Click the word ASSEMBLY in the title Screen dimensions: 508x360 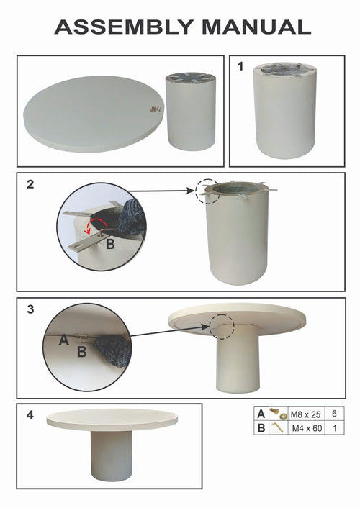pyautogui.click(x=125, y=27)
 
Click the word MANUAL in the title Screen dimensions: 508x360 pyautogui.click(x=256, y=27)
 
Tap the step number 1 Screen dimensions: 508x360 pyautogui.click(x=240, y=66)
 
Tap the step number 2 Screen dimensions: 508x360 pyautogui.click(x=30, y=184)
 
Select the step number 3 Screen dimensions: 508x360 pyautogui.click(x=30, y=309)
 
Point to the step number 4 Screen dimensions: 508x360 pyautogui.click(x=30, y=414)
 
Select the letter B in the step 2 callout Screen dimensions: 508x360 pyautogui.click(x=111, y=244)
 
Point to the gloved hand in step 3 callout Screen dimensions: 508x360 pyautogui.click(x=114, y=351)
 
